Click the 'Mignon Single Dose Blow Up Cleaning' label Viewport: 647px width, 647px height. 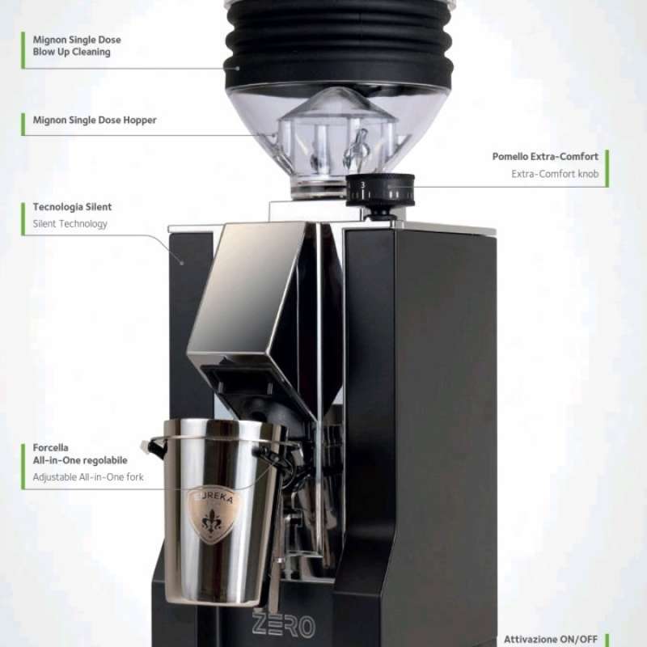(x=71, y=45)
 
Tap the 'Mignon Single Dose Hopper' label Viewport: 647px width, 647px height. (x=94, y=120)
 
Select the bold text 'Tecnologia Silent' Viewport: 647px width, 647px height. (x=72, y=207)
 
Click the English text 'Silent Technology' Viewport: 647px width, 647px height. (x=70, y=224)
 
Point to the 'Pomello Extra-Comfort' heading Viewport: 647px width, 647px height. (x=545, y=156)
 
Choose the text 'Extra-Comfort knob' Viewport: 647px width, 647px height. (x=555, y=174)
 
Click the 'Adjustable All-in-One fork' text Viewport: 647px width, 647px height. (x=88, y=477)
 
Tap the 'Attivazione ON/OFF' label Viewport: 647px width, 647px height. (x=551, y=639)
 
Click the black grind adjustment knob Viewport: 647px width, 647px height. (x=380, y=191)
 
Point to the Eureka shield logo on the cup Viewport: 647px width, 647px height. (x=214, y=512)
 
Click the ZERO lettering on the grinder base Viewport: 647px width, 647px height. (x=283, y=624)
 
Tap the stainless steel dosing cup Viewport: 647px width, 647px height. (x=217, y=510)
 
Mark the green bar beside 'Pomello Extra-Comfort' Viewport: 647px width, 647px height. (x=606, y=167)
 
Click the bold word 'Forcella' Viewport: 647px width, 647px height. (x=50, y=447)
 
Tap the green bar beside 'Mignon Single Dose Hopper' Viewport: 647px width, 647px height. (x=23, y=123)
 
